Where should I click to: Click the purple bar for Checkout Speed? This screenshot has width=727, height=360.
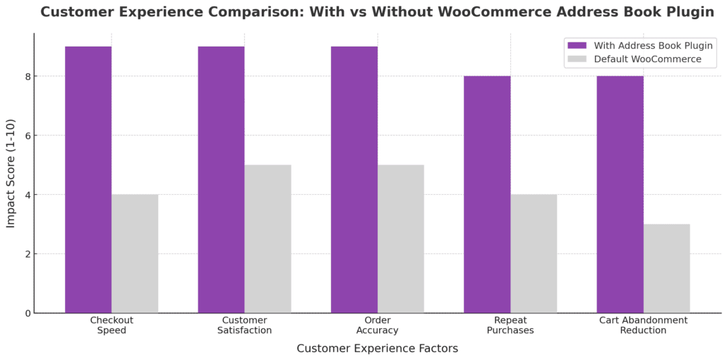tap(88, 179)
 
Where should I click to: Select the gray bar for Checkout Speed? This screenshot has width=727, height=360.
tap(135, 253)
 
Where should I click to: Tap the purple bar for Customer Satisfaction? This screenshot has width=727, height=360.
tap(221, 179)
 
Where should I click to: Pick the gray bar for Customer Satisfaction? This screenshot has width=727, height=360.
tap(268, 239)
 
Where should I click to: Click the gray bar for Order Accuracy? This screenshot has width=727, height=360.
tap(401, 239)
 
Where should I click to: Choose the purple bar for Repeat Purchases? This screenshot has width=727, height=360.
tap(487, 194)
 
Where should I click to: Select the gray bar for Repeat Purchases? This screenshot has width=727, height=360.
tap(534, 253)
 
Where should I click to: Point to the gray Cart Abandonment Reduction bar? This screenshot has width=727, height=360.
tap(666, 268)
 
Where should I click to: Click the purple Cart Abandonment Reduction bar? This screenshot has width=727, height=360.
tap(620, 194)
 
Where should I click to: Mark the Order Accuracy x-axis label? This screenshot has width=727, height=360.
tap(378, 325)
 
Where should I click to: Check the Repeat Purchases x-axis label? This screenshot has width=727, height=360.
tap(510, 325)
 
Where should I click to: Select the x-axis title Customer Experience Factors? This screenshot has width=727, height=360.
tap(377, 349)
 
